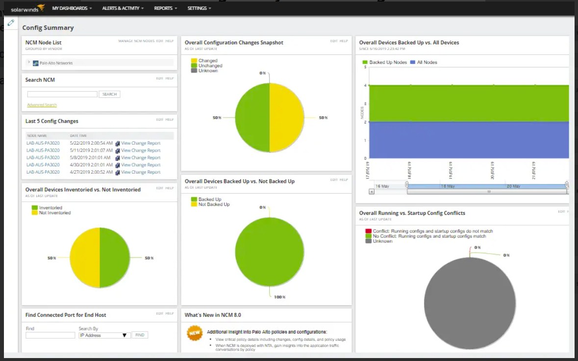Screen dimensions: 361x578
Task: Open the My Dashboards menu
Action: [x=72, y=8]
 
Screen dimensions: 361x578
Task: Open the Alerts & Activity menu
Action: [x=123, y=8]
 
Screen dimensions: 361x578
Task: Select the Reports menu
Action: [x=165, y=8]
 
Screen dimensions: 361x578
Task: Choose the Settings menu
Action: [x=199, y=8]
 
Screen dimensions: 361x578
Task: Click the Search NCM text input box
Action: [x=62, y=94]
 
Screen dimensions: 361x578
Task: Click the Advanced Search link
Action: [x=42, y=105]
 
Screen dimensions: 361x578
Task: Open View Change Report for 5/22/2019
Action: [x=141, y=143]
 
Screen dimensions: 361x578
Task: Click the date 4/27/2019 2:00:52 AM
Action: [x=91, y=172]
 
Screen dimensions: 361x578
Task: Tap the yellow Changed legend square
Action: [x=194, y=61]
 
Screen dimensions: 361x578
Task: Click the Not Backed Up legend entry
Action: [x=213, y=205]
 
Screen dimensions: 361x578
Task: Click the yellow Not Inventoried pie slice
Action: [x=85, y=258]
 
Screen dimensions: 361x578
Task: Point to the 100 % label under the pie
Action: [x=279, y=297]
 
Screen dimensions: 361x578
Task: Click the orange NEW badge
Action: [x=194, y=333]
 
